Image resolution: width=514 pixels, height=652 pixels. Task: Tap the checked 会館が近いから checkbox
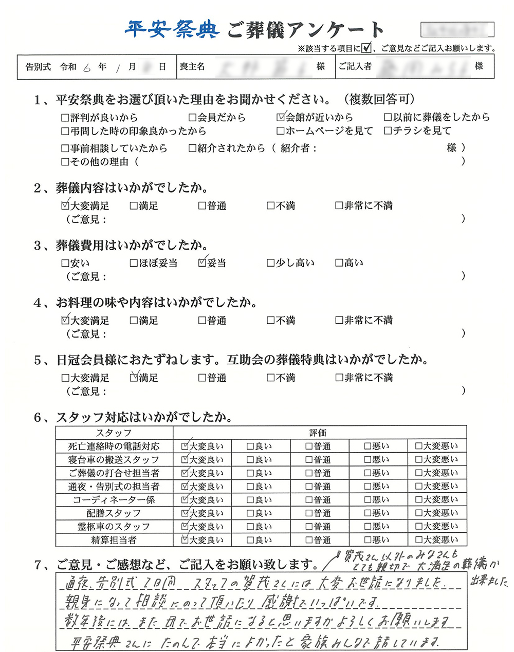tap(280, 117)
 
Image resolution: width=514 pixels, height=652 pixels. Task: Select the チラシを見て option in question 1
tap(388, 131)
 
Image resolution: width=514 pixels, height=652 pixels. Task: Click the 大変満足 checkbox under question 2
tap(65, 206)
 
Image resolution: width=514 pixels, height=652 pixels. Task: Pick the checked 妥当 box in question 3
tap(202, 263)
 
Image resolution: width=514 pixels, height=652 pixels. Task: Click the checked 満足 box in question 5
tap(134, 378)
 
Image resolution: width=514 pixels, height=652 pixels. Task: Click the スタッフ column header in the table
tap(114, 433)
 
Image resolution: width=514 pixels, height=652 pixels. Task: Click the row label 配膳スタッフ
tap(114, 513)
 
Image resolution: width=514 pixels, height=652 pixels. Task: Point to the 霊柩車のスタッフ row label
tap(114, 527)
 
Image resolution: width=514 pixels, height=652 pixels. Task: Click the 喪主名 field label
tap(192, 67)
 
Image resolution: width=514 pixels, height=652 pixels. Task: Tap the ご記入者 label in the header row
tap(355, 67)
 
